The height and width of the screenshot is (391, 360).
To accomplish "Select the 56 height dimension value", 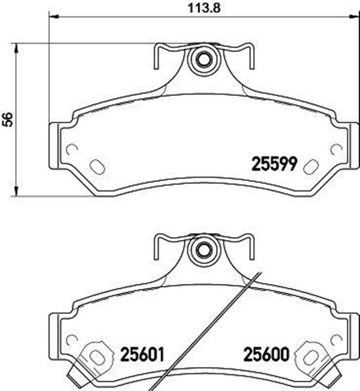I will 7,120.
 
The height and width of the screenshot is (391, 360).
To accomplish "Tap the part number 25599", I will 274,164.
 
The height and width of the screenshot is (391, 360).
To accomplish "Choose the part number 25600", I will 265,354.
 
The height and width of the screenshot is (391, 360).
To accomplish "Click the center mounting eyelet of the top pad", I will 202,60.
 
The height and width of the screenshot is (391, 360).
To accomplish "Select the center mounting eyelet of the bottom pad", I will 202,249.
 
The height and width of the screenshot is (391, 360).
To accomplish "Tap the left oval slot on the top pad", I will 96,166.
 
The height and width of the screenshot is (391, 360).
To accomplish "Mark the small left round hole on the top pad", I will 71,148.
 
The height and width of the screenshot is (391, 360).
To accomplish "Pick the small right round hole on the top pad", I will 335,148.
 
